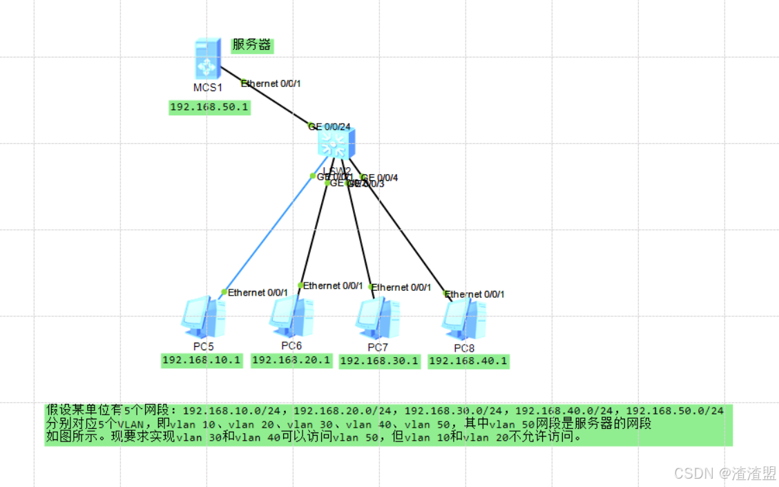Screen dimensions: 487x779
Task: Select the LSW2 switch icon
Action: coord(336,142)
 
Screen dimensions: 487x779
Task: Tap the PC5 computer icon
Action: coord(203,316)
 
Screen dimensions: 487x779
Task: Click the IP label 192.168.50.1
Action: coord(209,107)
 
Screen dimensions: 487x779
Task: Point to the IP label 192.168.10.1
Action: coord(202,360)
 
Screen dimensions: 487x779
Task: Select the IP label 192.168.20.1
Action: coord(291,360)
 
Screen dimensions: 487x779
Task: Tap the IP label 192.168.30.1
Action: coord(379,361)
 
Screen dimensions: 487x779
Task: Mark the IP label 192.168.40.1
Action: coord(468,361)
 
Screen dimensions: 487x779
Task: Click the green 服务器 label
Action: coord(251,46)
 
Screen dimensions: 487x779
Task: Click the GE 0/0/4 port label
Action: coord(381,178)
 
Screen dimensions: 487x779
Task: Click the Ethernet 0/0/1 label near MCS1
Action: coord(271,84)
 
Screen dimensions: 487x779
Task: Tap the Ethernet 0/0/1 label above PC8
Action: coord(476,294)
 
